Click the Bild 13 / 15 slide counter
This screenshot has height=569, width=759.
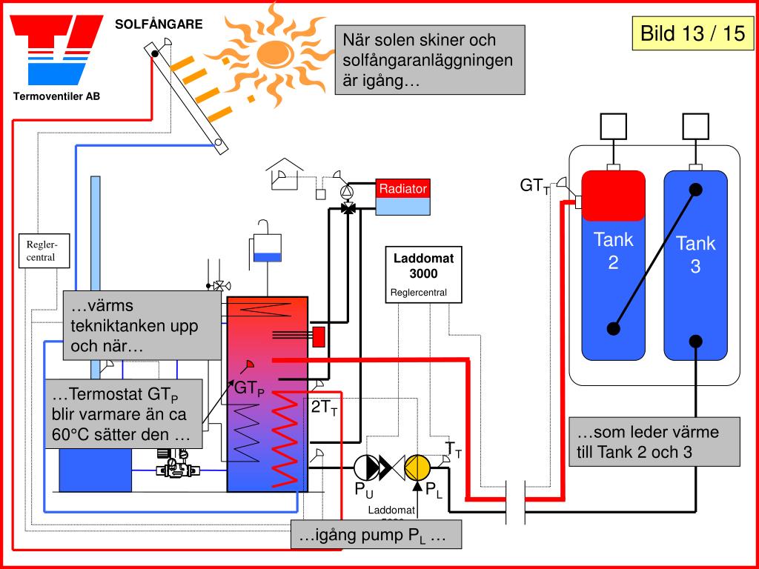coord(692,33)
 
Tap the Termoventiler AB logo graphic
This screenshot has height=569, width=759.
coord(56,51)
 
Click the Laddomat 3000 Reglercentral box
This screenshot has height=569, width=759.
coord(423,275)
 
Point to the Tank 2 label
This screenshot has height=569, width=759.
coord(613,250)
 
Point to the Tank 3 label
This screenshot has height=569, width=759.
coord(695,254)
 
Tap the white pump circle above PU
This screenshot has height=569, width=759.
coord(365,467)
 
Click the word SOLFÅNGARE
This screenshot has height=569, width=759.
coord(159,24)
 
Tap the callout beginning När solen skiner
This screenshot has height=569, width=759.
coord(430,60)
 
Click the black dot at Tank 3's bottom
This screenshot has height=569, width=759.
coord(695,341)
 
